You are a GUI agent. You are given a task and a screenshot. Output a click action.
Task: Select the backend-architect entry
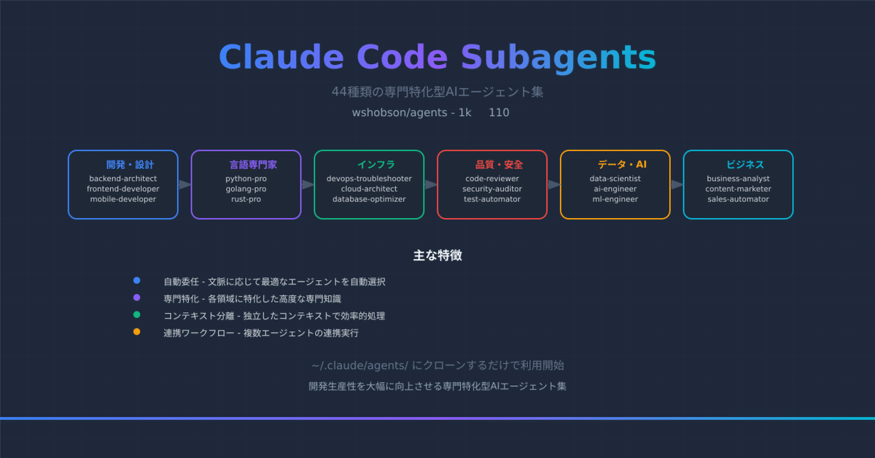123,179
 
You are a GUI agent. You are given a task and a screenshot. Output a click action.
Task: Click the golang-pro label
246,189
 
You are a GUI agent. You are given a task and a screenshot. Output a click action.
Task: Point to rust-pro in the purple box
246,199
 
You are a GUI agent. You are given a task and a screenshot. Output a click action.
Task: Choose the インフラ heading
376,165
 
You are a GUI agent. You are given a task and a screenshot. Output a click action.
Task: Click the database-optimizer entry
369,199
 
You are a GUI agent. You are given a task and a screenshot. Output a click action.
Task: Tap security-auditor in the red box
492,189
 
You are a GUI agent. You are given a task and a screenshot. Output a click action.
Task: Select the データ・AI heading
621,165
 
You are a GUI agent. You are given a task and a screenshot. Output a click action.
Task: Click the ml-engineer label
615,199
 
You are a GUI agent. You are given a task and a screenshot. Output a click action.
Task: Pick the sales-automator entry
738,199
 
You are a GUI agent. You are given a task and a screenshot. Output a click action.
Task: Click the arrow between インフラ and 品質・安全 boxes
431,185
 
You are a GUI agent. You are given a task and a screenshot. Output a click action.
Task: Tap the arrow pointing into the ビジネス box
677,185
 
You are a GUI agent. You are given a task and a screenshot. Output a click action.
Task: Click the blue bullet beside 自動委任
136,281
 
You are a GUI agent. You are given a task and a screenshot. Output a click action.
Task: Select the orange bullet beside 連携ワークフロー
136,333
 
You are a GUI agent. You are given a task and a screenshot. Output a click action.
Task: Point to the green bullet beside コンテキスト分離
136,315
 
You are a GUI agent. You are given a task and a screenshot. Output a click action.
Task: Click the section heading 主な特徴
437,256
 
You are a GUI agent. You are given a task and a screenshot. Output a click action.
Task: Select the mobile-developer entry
123,199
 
